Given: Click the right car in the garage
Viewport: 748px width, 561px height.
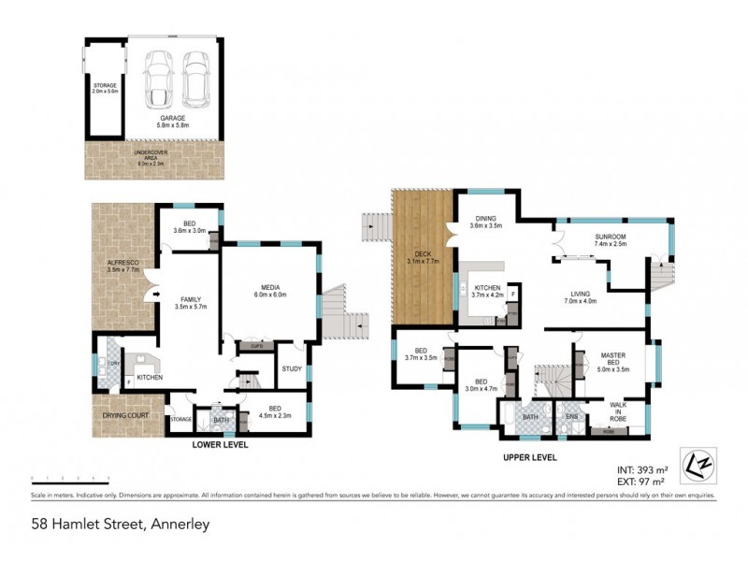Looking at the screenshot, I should [194, 77].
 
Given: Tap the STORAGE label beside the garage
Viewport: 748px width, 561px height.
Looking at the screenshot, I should [105, 88].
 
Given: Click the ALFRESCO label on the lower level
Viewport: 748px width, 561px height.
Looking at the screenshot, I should [123, 267].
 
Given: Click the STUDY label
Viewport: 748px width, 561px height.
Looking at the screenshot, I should [291, 369].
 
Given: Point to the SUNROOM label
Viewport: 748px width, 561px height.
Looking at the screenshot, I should [611, 240].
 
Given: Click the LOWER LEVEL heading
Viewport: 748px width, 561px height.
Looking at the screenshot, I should [220, 445].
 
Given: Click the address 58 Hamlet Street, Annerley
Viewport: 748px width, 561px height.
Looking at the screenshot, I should [119, 524].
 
